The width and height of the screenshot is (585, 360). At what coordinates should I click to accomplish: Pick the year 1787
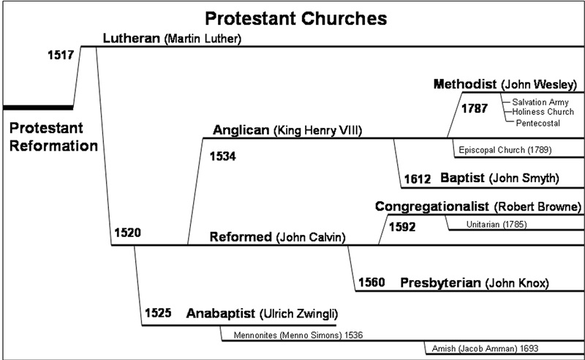tap(475, 109)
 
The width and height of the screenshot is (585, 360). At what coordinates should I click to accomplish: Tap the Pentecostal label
tap(538, 123)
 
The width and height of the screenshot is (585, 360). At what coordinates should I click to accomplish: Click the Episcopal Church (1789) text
tap(505, 150)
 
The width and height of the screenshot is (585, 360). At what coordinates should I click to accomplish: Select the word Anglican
tap(241, 130)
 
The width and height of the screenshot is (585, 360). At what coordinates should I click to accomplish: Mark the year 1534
tap(224, 156)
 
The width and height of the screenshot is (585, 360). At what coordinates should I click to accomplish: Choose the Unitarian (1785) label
tap(497, 223)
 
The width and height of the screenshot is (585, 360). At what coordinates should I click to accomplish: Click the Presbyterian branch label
tap(440, 282)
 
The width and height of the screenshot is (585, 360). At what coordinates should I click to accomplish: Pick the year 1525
tap(156, 314)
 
